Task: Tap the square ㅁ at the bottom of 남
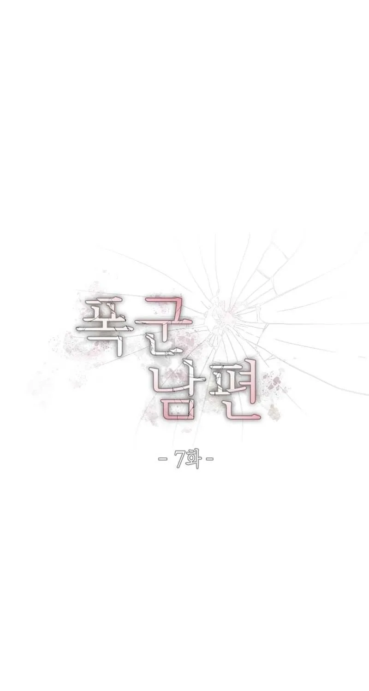(182, 408)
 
